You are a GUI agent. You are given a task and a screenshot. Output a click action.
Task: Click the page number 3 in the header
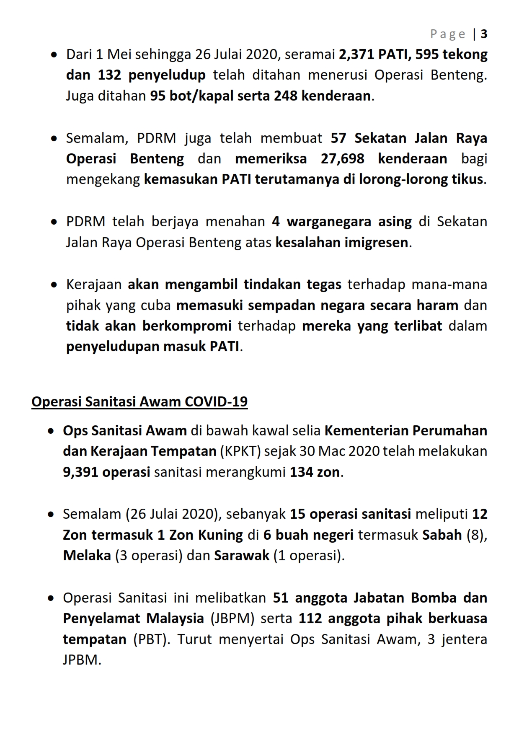point(484,34)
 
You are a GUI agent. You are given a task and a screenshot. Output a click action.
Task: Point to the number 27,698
point(342,159)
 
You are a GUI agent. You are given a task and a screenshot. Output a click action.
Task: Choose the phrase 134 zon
point(315,472)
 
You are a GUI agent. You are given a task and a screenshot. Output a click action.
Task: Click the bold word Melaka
point(87,556)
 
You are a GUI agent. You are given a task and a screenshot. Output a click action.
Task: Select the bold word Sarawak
point(242,556)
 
